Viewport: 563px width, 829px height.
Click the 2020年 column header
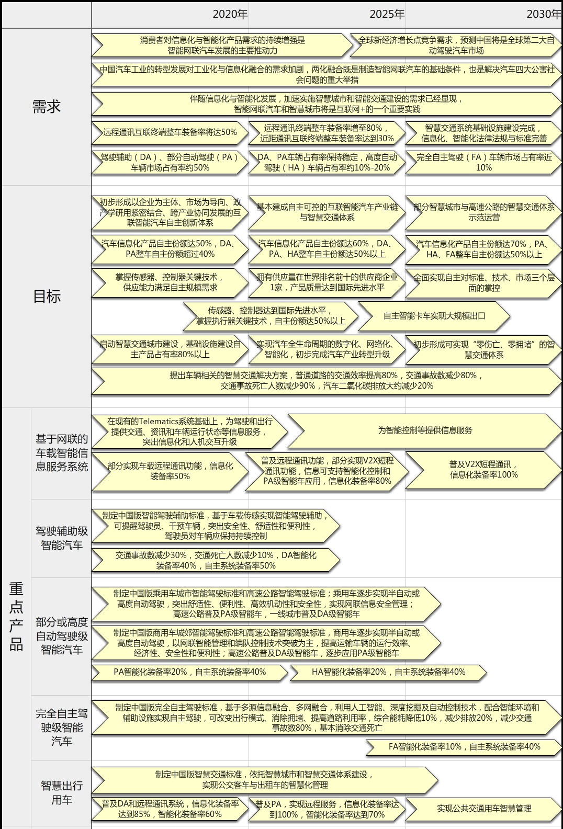tap(230, 14)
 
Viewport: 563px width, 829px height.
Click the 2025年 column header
tap(387, 14)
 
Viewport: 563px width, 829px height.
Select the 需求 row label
tap(46, 107)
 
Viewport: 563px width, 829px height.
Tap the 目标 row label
tap(47, 297)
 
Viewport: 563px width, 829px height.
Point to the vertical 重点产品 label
tap(16, 617)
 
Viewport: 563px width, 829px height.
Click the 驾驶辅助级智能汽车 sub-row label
tap(61, 538)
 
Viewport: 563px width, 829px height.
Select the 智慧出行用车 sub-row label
tap(61, 793)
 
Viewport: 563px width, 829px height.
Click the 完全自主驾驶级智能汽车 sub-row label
tap(61, 727)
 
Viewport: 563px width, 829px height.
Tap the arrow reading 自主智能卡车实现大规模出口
tap(434, 316)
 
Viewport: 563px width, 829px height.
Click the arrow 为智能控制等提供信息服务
tap(425, 430)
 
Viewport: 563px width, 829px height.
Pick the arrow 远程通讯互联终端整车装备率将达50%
tap(170, 132)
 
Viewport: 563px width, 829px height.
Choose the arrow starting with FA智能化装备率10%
tap(464, 747)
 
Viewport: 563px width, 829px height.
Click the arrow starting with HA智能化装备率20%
tap(388, 672)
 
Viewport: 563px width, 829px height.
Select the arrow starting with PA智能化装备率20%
tap(189, 672)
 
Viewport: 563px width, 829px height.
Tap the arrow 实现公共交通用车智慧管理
tap(484, 809)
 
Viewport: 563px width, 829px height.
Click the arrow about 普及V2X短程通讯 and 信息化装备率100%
tap(484, 470)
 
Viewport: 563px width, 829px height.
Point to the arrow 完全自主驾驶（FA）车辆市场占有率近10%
tap(484, 163)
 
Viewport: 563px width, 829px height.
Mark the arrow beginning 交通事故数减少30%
tap(216, 560)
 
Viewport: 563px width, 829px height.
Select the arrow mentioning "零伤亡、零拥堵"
tap(484, 350)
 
